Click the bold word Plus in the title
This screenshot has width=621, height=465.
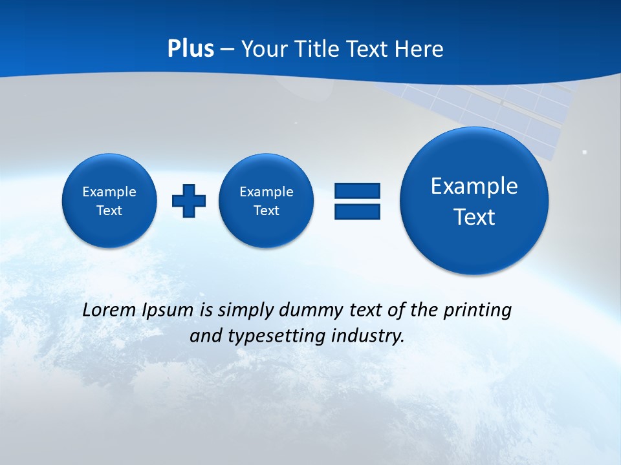click(x=190, y=49)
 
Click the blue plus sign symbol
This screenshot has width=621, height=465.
click(x=189, y=201)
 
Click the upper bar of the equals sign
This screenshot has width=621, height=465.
click(x=357, y=191)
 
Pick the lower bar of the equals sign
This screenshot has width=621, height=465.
click(x=357, y=212)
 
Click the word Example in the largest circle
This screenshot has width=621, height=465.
click(x=474, y=186)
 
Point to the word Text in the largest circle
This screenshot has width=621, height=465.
click(x=474, y=217)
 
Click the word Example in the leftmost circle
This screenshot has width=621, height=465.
click(x=109, y=192)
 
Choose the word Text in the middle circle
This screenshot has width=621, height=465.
click(x=267, y=211)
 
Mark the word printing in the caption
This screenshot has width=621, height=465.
click(x=478, y=311)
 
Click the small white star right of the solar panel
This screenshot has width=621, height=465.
click(x=585, y=152)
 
